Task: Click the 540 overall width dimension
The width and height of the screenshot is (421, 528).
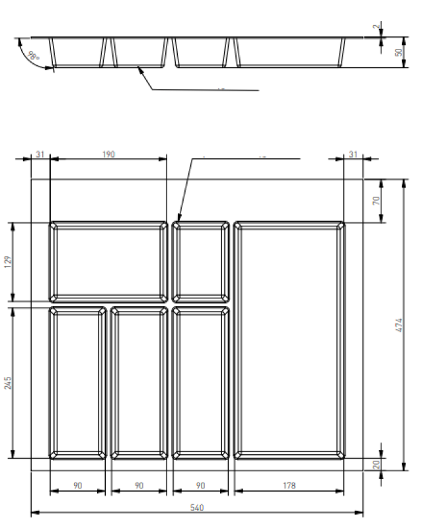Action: click(x=197, y=508)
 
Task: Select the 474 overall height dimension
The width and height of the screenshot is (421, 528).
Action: click(x=399, y=324)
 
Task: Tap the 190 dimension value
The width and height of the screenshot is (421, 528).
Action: click(x=108, y=154)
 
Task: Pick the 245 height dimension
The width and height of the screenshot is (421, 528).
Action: click(x=8, y=382)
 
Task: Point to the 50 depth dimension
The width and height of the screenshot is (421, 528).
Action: click(x=399, y=52)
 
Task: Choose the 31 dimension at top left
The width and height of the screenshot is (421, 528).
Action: click(x=40, y=154)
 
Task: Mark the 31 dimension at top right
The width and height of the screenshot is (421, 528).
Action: click(x=353, y=154)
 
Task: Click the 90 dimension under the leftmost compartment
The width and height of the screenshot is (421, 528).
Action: click(x=77, y=486)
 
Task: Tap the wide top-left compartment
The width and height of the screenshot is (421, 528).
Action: click(x=108, y=261)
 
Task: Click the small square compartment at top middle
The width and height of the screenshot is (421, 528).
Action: click(x=201, y=261)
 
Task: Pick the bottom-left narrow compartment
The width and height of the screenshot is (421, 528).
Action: click(x=77, y=382)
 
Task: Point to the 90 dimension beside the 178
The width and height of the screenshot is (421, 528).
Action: click(x=201, y=486)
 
